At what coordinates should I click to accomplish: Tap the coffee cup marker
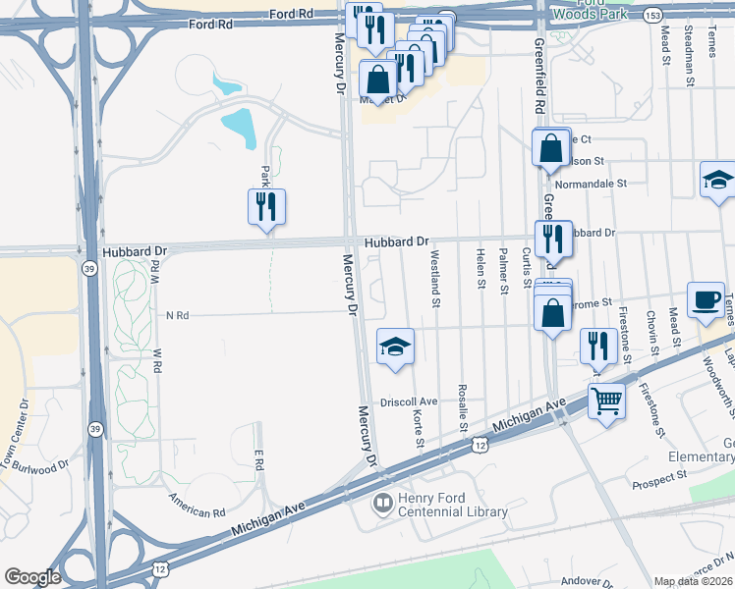coord(705,300)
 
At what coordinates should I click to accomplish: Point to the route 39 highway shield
coord(88,268)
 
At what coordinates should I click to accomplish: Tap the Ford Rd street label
coord(293,15)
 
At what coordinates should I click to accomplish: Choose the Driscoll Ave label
coord(409,402)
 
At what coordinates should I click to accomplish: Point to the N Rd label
coord(177,315)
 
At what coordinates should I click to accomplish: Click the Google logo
coord(32,577)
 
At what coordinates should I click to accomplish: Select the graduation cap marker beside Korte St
coord(395,347)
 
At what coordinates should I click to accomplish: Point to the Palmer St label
coord(503,272)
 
